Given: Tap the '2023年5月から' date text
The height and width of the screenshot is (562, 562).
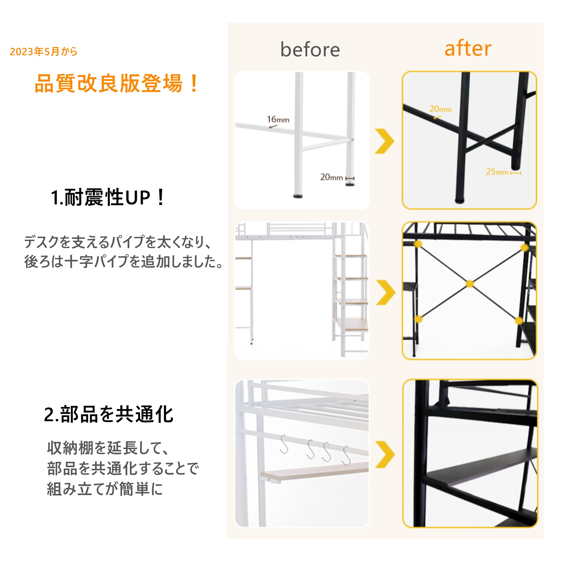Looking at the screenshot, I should (44, 51).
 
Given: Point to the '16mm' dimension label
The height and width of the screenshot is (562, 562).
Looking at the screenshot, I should (278, 119).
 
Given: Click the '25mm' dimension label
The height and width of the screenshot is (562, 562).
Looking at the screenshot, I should (497, 172).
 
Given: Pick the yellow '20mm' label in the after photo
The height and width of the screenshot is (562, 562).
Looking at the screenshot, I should (440, 109).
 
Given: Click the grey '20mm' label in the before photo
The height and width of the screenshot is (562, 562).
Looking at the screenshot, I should (331, 177).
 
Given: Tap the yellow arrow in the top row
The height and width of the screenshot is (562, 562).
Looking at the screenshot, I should (385, 141).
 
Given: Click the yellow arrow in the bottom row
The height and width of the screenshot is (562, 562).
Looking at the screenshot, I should (385, 454).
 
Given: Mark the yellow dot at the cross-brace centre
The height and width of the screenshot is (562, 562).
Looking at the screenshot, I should (470, 284).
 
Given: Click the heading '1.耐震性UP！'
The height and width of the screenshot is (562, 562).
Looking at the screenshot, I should (108, 198).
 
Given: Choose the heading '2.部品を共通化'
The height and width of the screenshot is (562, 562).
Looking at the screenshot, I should (108, 414).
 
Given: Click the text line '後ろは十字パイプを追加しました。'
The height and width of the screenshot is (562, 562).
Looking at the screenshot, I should (123, 261).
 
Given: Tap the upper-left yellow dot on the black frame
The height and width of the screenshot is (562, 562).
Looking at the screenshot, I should (418, 244).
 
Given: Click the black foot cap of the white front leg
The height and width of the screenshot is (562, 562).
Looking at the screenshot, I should (298, 196).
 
